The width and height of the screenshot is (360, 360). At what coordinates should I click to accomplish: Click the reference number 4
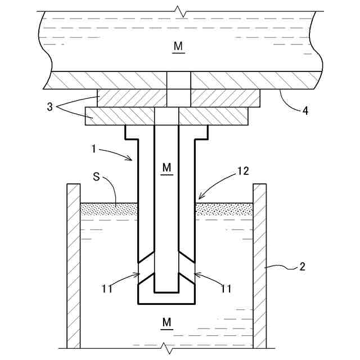tap(305, 111)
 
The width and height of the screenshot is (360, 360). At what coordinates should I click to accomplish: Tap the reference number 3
tap(49, 107)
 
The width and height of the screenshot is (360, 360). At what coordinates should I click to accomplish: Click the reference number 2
tap(302, 267)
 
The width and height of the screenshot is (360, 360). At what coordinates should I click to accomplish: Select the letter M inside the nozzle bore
tap(166, 168)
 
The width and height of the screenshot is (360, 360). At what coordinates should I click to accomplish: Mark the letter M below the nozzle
tap(166, 322)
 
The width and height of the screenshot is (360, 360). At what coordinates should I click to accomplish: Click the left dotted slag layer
tap(109, 209)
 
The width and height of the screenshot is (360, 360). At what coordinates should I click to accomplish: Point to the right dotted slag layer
tap(223, 209)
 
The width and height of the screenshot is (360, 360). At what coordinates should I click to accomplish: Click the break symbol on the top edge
tap(179, 11)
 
